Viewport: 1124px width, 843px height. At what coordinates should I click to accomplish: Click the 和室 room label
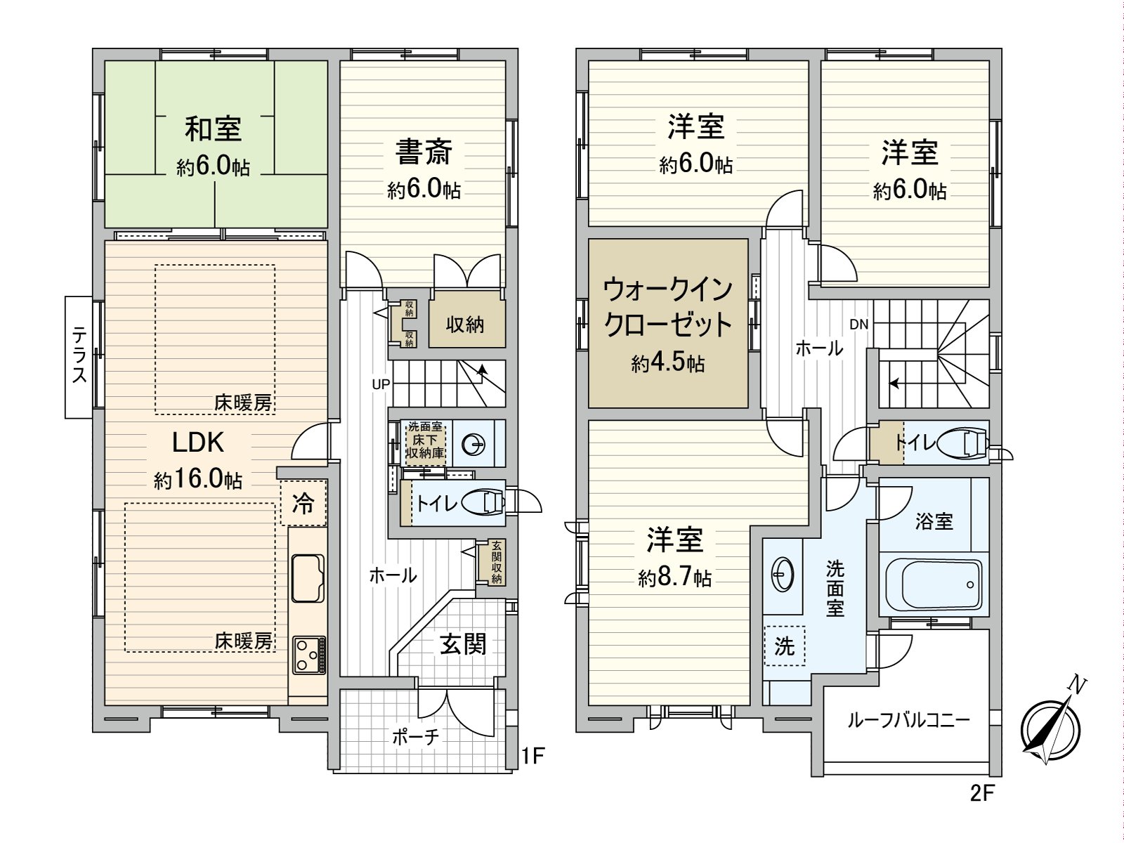[x=214, y=129]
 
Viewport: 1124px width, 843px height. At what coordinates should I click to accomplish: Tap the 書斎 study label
[x=424, y=152]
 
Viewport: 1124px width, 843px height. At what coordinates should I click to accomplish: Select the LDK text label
[x=198, y=443]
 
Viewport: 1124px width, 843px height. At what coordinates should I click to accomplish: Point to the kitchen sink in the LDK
[x=308, y=577]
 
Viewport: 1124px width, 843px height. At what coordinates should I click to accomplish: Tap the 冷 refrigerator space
[x=303, y=503]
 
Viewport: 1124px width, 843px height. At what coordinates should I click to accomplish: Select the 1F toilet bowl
[x=486, y=503]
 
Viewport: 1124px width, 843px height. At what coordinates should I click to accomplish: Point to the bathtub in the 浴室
[x=933, y=584]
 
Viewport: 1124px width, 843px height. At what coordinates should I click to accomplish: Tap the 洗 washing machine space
[x=784, y=646]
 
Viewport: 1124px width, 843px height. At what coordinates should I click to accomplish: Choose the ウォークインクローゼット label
[x=668, y=307]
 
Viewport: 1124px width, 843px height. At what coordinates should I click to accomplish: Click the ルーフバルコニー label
[x=908, y=720]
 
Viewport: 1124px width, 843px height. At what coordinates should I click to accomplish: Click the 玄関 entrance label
[x=464, y=643]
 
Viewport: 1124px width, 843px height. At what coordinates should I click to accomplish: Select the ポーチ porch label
[x=416, y=736]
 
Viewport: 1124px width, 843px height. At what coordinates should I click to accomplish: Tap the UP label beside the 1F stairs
[x=381, y=384]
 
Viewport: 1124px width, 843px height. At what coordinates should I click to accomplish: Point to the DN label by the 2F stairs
[x=858, y=325]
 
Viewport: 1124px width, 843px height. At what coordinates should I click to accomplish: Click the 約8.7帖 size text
[x=674, y=577]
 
